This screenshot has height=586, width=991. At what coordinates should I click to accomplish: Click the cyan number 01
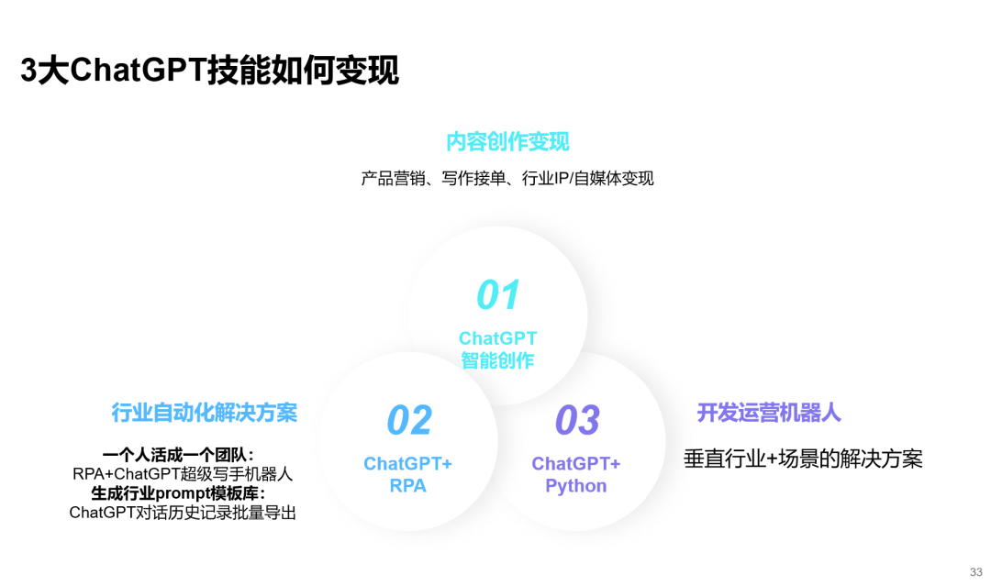click(x=498, y=295)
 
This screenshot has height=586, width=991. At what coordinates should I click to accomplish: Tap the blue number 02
click(x=409, y=421)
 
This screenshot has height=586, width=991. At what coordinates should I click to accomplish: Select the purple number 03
click(x=577, y=421)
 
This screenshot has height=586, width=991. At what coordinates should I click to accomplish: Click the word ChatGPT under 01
click(x=497, y=338)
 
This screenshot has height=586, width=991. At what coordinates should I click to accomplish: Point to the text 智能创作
click(x=497, y=360)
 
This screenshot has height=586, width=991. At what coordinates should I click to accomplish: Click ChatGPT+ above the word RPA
click(x=407, y=464)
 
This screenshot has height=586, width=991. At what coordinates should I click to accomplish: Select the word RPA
click(x=407, y=486)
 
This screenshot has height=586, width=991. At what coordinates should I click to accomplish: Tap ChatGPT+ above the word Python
click(x=576, y=464)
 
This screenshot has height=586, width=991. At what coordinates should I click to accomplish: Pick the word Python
click(x=576, y=486)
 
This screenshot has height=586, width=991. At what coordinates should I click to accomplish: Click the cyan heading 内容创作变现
click(x=507, y=141)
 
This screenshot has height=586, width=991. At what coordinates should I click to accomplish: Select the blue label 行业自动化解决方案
click(x=204, y=413)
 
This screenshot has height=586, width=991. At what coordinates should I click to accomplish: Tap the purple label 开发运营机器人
click(x=768, y=413)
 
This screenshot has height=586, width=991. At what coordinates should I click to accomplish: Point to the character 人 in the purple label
click(x=830, y=413)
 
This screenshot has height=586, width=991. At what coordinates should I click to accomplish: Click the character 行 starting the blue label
click(x=121, y=413)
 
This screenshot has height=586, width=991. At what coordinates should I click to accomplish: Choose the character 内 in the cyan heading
click(x=456, y=141)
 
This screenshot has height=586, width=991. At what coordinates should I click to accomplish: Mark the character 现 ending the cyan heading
click(x=559, y=141)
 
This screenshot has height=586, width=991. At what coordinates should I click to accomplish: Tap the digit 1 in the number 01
click(x=511, y=295)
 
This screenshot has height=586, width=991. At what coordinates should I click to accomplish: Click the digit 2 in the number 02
click(x=421, y=421)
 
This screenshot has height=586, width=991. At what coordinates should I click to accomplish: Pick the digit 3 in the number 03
click(x=589, y=421)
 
